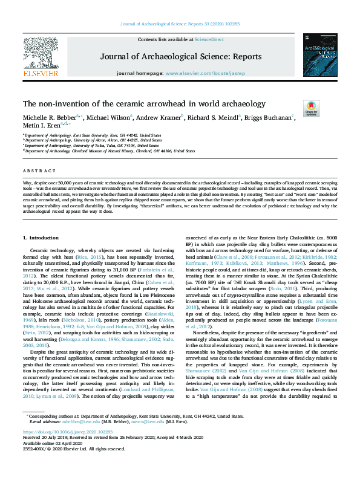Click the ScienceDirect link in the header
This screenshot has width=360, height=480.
tap(209, 39)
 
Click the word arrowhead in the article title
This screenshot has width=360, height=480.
tap(170, 103)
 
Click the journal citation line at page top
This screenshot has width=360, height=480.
tap(180, 24)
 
